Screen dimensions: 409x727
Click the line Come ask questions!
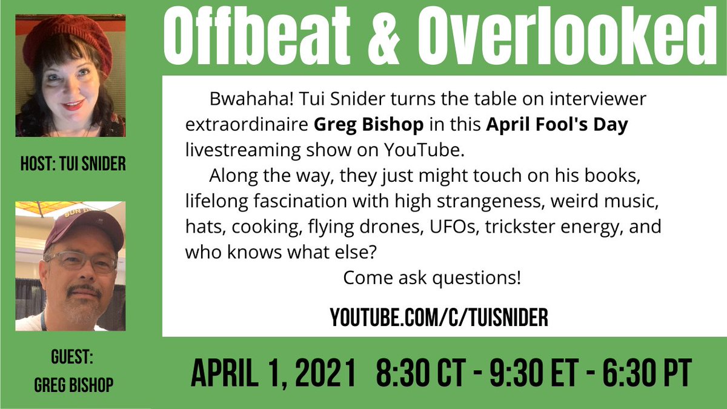click(x=432, y=279)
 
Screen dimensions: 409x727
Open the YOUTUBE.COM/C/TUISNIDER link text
click(x=439, y=318)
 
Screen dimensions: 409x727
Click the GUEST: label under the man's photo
click(x=71, y=358)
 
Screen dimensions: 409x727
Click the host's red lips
click(x=72, y=105)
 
